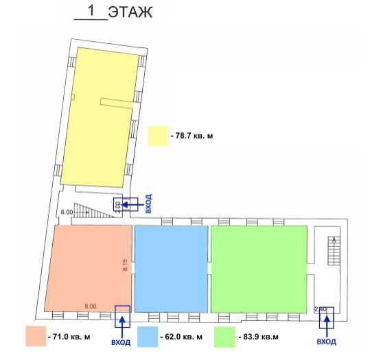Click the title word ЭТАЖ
coord(130,12)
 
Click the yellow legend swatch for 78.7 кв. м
coord(158,136)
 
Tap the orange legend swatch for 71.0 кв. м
coord(36,336)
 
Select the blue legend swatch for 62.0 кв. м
coord(148,337)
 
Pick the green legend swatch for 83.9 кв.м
coord(224,337)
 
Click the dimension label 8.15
coord(125,265)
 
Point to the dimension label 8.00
coord(91,307)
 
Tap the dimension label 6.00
coord(67,212)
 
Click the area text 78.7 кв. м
coord(194,136)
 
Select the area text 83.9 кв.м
coord(261,337)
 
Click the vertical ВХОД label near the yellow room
coord(148,204)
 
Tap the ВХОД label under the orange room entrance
coord(121,342)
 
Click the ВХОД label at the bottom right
coord(326,341)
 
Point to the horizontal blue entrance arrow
coord(132,204)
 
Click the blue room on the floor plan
coord(171,269)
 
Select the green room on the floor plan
coord(259,269)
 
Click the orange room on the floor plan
coord(89,268)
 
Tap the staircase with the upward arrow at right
coord(334,251)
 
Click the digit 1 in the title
coord(91,10)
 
